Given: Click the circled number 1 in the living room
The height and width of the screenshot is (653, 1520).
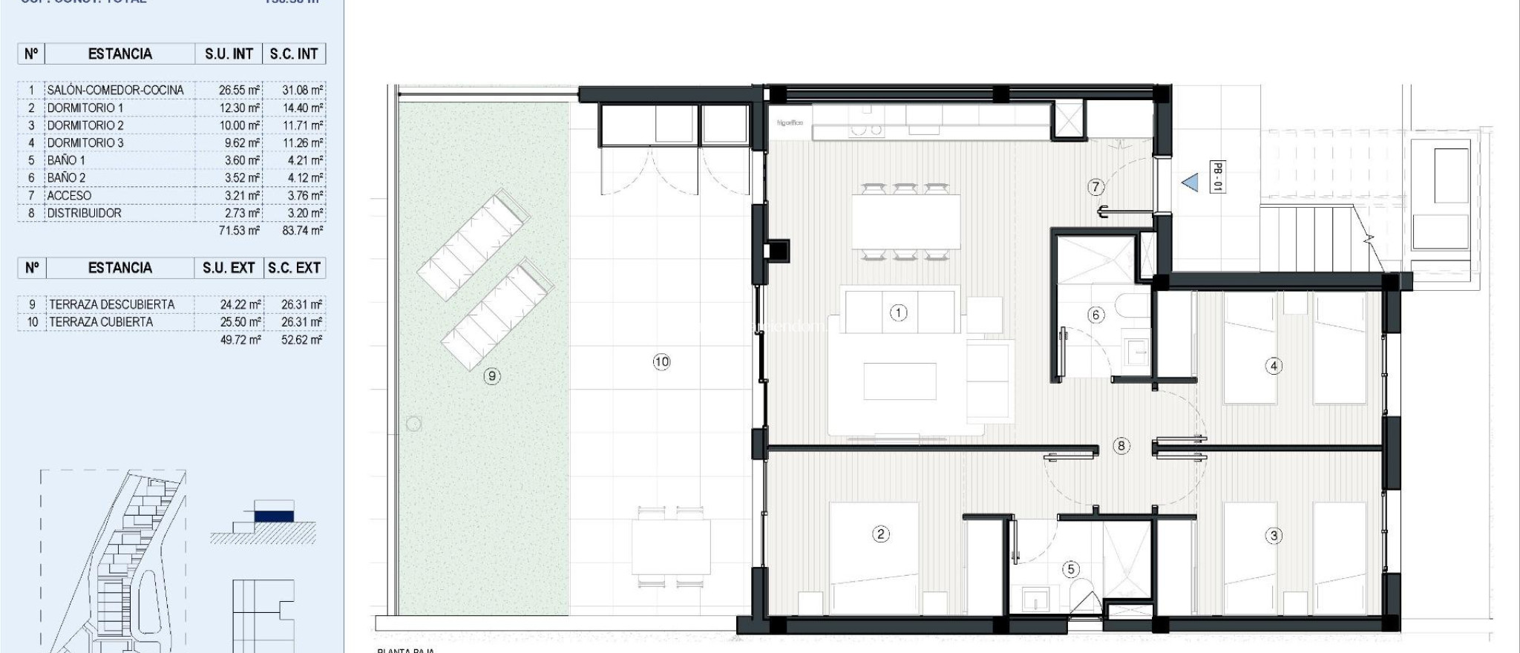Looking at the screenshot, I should coord(898,312).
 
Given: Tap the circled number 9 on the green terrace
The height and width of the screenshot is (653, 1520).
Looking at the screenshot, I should coord(491,376).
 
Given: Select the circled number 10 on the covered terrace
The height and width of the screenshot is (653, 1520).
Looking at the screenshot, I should coord(661,362).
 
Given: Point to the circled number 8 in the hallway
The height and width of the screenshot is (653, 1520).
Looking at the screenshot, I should coord(1121,446).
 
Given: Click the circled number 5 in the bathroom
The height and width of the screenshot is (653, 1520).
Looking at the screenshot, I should coord(1070,569).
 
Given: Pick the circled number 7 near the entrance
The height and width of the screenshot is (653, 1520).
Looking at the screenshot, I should coord(1096,187).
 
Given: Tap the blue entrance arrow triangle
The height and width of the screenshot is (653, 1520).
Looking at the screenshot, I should coord(1190,182).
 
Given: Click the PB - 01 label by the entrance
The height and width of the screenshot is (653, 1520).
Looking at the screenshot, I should coord(1217,177).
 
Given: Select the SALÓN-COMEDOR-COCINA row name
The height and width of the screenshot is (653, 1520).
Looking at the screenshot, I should coord(115,90).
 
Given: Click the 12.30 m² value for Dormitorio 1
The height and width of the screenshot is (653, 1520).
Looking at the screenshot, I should coord(239,108).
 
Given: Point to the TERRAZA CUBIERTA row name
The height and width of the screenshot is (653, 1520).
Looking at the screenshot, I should coord(101,322).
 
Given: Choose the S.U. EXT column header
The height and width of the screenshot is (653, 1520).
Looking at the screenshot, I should coord(229,268).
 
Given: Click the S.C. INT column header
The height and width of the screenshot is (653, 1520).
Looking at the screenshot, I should coord(294,54).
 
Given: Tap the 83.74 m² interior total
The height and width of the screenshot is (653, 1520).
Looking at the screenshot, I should coord(302,231).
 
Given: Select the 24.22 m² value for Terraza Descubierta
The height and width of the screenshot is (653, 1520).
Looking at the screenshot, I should coord(240,304).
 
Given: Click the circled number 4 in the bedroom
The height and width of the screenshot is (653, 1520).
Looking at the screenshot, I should coord(1274,366).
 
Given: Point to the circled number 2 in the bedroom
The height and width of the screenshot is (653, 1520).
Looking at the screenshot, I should coord(880,534).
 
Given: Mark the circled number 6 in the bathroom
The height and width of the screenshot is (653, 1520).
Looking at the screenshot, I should coord(1096,315).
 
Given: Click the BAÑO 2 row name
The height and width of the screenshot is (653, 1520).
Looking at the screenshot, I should coord(66,178).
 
